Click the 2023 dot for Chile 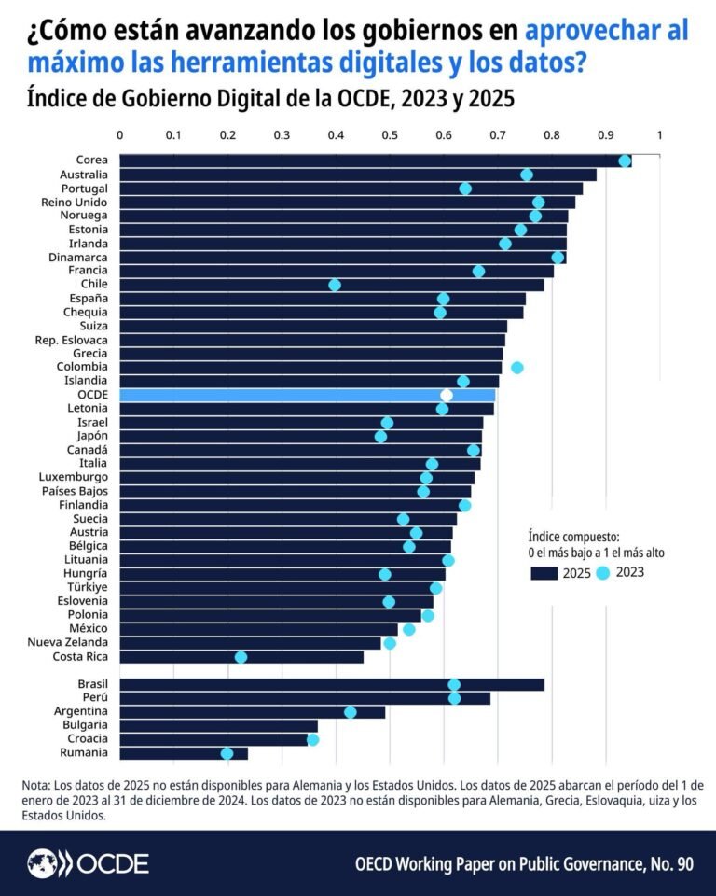click(x=335, y=285)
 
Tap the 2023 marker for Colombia click(x=517, y=368)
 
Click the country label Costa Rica click(x=82, y=657)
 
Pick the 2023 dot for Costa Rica click(x=241, y=657)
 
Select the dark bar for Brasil click(x=332, y=685)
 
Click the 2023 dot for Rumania click(x=227, y=753)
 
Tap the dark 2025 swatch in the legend click(x=544, y=573)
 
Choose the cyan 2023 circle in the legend click(x=603, y=573)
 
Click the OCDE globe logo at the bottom click(x=42, y=862)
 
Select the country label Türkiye click(x=87, y=588)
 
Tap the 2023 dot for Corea click(x=625, y=161)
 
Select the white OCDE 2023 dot click(x=447, y=395)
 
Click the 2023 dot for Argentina click(x=351, y=712)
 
